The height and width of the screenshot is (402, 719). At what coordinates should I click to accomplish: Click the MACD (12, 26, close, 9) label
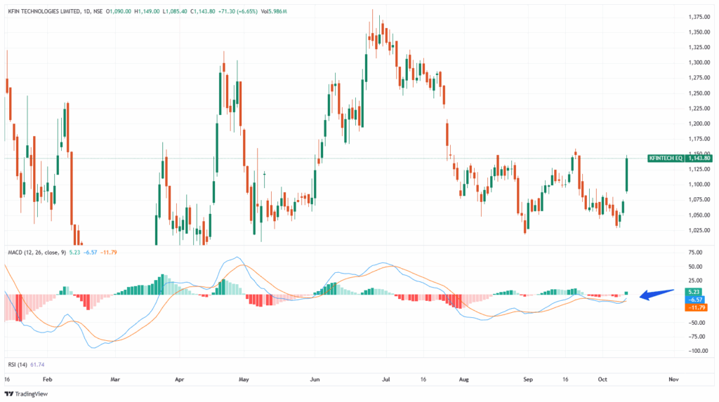tap(35, 250)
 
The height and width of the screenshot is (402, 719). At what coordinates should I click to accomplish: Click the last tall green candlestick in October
tap(626, 175)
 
